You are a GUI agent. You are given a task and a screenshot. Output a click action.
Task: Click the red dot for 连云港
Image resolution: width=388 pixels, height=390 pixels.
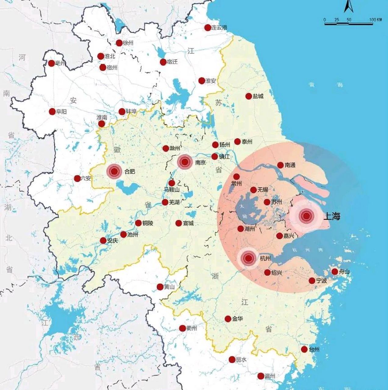click(x=208, y=28)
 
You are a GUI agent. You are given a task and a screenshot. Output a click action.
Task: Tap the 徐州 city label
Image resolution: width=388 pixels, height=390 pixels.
click(x=128, y=43)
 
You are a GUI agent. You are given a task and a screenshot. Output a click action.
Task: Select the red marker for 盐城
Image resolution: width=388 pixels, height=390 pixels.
click(x=249, y=96)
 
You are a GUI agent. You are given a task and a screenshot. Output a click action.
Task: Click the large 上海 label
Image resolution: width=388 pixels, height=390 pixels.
click(x=332, y=216)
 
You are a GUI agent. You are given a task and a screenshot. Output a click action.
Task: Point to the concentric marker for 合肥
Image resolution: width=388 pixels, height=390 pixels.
click(x=114, y=172)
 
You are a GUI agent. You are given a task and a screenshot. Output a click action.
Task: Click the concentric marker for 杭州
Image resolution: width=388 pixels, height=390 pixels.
click(x=248, y=259)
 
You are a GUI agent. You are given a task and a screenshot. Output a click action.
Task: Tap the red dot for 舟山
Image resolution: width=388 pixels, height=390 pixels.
click(x=335, y=271)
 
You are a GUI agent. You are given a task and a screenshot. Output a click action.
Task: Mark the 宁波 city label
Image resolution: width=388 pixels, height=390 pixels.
click(x=322, y=281)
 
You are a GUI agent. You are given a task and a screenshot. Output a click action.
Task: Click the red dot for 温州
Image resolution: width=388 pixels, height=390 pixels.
click(x=261, y=376)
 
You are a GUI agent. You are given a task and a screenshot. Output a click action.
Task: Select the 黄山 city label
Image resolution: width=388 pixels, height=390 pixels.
click(x=169, y=287)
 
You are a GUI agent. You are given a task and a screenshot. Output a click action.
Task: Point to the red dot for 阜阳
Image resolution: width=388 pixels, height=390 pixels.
click(x=52, y=112)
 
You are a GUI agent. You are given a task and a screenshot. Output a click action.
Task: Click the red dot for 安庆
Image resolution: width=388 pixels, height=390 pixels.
click(x=103, y=241)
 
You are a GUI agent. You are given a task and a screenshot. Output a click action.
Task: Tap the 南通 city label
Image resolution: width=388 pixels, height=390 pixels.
click(x=290, y=165)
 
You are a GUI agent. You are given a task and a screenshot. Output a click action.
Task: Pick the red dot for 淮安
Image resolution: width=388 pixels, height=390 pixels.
click(x=201, y=81)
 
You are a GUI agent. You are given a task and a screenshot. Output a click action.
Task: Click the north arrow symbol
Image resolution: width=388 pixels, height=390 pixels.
click(x=348, y=7)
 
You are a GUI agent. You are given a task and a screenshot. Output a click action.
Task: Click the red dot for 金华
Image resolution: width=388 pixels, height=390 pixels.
click(x=228, y=319)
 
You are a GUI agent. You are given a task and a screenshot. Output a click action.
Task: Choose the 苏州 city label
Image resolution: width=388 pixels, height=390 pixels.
click(x=277, y=202)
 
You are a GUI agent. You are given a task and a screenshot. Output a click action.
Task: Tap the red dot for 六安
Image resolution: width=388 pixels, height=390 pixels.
click(x=77, y=179)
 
